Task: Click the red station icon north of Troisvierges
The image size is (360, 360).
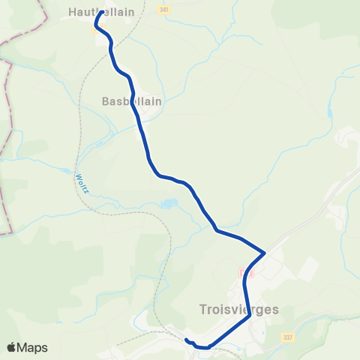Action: click(x=250, y=274)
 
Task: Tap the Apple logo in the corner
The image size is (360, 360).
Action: click(x=12, y=347)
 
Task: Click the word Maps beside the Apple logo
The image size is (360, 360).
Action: click(x=33, y=347)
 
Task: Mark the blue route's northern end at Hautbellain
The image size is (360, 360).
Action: click(x=101, y=12)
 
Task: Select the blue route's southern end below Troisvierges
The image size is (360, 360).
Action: click(x=186, y=341)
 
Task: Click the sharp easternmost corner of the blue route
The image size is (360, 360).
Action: click(x=265, y=253)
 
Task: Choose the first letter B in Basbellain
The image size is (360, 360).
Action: click(x=106, y=100)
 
